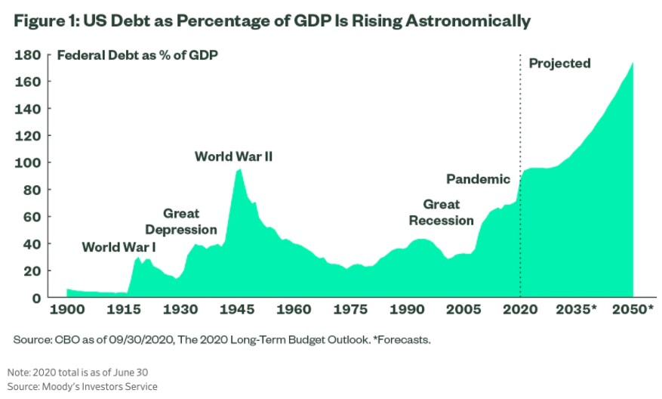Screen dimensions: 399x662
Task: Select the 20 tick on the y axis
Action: [x=34, y=271]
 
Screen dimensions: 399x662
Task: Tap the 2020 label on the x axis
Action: [x=520, y=310]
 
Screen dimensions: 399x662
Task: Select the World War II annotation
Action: [x=233, y=156]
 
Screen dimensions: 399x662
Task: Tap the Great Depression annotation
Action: [x=181, y=221]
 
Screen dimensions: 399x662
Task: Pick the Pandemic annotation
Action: [x=478, y=179]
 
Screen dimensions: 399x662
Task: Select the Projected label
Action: [x=559, y=63]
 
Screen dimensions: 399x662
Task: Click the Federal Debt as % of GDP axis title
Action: [x=138, y=55]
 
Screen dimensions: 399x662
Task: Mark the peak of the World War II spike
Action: [x=239, y=169]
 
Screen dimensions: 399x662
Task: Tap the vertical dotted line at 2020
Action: [x=520, y=113]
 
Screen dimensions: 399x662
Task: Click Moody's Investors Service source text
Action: [x=83, y=386]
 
